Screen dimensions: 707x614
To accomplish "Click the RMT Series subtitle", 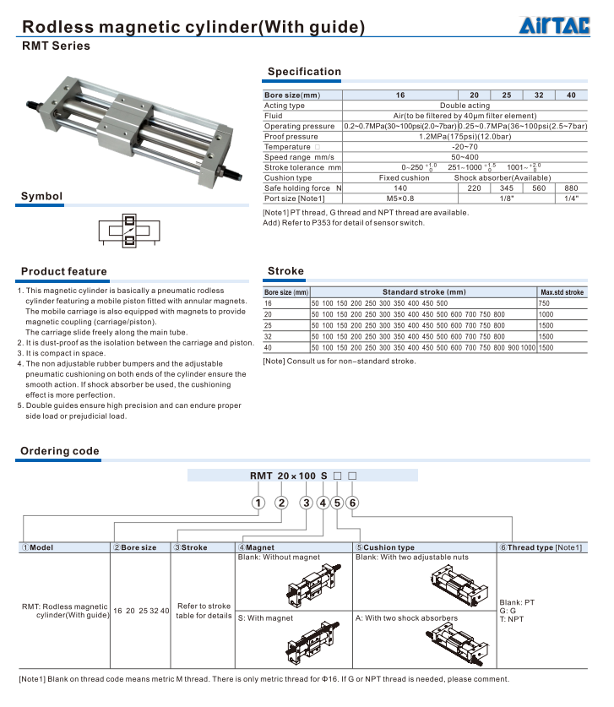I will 56,46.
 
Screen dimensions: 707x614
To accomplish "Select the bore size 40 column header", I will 571,95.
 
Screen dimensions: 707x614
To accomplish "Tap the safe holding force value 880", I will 571,188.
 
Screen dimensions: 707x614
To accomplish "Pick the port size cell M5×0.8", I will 400,198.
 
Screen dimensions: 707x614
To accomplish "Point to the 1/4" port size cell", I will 571,198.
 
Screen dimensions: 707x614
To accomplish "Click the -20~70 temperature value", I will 465,147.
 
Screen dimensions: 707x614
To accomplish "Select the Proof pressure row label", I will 291,137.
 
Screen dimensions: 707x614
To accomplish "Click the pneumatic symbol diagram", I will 129,234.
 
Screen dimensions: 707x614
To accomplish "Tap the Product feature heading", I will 64,272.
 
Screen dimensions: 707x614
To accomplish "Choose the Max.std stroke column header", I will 562,292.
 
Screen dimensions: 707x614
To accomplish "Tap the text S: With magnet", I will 266,618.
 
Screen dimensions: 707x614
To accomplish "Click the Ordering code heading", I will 60,451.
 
